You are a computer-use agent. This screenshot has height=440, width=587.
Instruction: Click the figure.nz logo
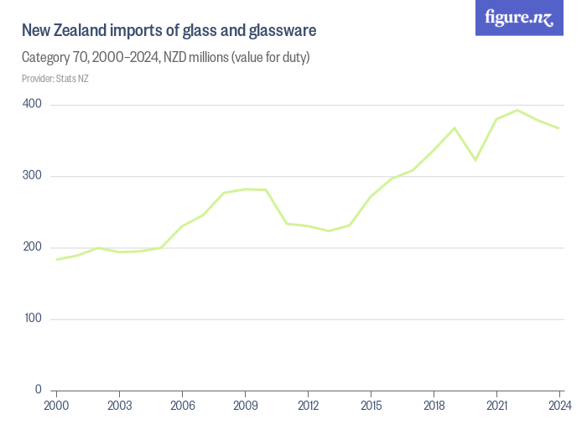[519, 18]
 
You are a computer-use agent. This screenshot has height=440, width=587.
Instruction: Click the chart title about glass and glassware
[169, 31]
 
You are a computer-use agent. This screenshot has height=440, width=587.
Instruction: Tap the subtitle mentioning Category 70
[166, 58]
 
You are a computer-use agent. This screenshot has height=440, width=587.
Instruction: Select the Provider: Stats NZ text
[55, 79]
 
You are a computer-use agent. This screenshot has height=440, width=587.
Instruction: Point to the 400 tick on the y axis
[33, 104]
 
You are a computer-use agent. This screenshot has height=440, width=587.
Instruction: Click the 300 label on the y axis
[33, 176]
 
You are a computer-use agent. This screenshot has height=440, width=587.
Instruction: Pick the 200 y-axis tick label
[33, 247]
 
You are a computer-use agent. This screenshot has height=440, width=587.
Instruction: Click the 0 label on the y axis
[39, 390]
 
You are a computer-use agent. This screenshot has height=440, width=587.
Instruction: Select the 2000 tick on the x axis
[56, 406]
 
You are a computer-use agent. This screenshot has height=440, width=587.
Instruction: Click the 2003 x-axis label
[119, 406]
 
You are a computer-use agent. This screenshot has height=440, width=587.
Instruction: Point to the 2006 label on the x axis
[182, 406]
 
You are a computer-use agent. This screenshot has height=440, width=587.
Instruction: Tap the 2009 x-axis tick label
[245, 406]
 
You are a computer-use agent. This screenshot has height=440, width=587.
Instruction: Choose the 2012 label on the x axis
[308, 406]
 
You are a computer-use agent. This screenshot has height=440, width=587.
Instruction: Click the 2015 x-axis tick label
[371, 406]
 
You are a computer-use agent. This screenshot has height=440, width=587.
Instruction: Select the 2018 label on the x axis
[434, 406]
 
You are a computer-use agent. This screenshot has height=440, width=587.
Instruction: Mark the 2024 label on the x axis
[559, 406]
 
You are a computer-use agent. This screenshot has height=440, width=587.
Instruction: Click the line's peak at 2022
[517, 110]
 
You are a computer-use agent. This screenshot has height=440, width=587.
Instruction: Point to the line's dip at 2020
[475, 159]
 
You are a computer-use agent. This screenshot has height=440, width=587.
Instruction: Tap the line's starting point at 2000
[57, 259]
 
